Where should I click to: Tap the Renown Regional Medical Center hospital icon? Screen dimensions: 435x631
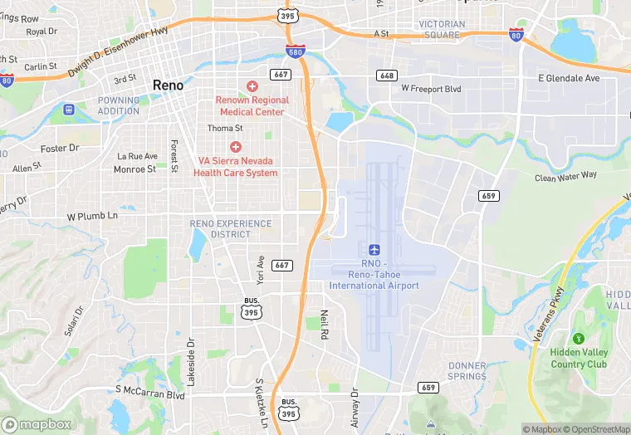252,86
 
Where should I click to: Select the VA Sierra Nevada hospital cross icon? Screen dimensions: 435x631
236,147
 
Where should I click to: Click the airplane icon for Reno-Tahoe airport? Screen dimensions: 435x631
374,249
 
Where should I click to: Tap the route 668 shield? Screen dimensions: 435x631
386,76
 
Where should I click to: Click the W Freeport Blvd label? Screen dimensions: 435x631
430,87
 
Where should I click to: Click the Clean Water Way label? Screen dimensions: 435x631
566,175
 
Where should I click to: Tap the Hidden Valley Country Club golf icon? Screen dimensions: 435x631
578,338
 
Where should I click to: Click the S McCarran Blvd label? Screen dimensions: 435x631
149,390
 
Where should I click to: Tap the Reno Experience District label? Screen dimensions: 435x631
231,229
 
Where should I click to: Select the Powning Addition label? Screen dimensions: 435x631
119,105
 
